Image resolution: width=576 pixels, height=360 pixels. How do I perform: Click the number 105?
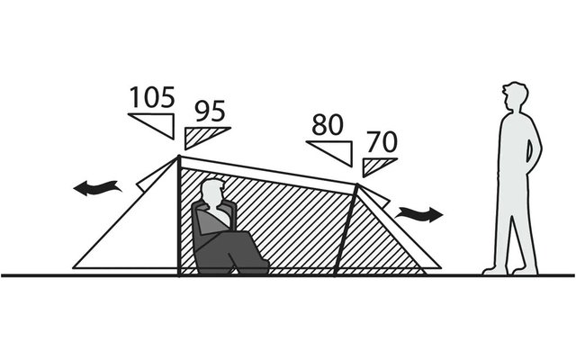pyautogui.click(x=152, y=97)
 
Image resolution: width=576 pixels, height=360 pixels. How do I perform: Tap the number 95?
pyautogui.click(x=210, y=111)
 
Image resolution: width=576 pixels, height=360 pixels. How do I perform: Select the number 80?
pyautogui.click(x=328, y=124)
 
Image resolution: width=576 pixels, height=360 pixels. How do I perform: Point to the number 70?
pyautogui.click(x=382, y=142)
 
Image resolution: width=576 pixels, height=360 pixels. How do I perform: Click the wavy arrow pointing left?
pyautogui.click(x=97, y=188)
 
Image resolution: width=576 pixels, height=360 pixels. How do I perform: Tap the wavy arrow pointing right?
pyautogui.click(x=418, y=214)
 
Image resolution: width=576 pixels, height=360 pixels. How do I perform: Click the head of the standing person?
pyautogui.click(x=515, y=97)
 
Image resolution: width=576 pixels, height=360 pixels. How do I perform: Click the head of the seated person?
pyautogui.click(x=212, y=193)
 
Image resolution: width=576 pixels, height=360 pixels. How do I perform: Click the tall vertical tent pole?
pyautogui.click(x=179, y=216)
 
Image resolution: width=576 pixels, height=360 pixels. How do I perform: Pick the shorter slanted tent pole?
pyautogui.click(x=346, y=229)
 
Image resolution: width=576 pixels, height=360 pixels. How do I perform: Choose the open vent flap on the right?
pyautogui.click(x=373, y=195)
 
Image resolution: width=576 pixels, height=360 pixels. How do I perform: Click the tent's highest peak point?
pyautogui.click(x=179, y=157)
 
